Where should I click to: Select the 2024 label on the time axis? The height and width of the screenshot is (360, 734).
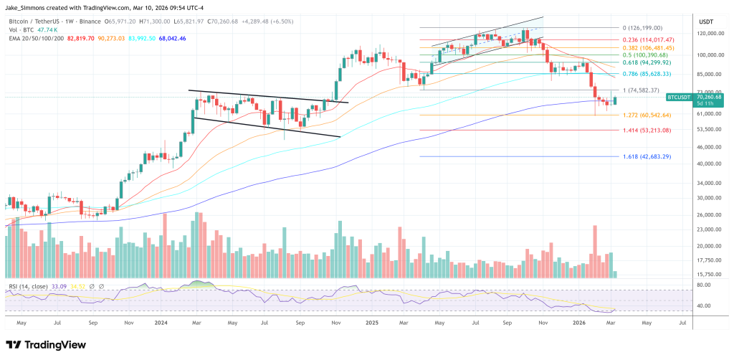coord(161,323)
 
